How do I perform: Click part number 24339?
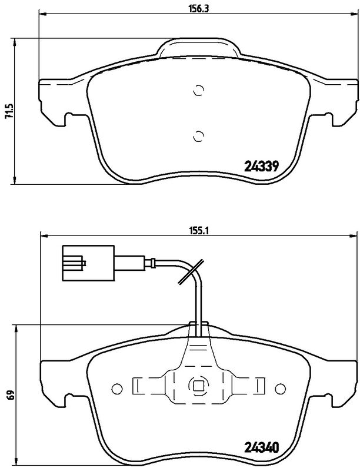(x=261, y=167)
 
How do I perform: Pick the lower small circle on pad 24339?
(x=198, y=135)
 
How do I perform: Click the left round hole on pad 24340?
(x=116, y=388)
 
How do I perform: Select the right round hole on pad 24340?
(x=280, y=388)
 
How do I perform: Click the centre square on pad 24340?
(x=198, y=387)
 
